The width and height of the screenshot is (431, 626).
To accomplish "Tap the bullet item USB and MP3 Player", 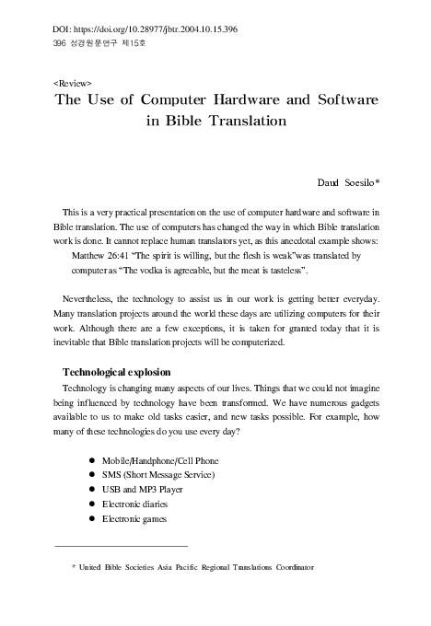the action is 147,490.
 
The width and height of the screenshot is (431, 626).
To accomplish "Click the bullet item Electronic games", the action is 141,519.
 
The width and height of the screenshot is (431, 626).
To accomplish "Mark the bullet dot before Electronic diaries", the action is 92,504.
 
